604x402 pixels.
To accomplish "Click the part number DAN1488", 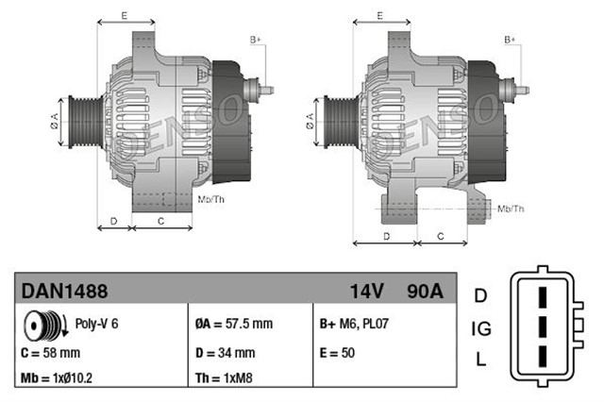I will coord(53,291).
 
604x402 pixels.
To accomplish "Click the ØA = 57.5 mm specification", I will coord(233,324).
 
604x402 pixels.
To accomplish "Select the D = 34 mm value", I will coord(225,352).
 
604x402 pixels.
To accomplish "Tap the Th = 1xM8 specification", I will coord(223,379).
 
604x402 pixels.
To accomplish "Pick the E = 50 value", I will coord(337,352).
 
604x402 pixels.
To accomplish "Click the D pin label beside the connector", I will coord(480,296).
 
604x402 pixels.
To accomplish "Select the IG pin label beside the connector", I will coord(480,328).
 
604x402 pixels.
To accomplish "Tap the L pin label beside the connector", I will coord(480,360).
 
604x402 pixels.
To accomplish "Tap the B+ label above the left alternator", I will coord(256,40).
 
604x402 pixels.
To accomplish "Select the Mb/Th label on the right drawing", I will coord(511,208).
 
